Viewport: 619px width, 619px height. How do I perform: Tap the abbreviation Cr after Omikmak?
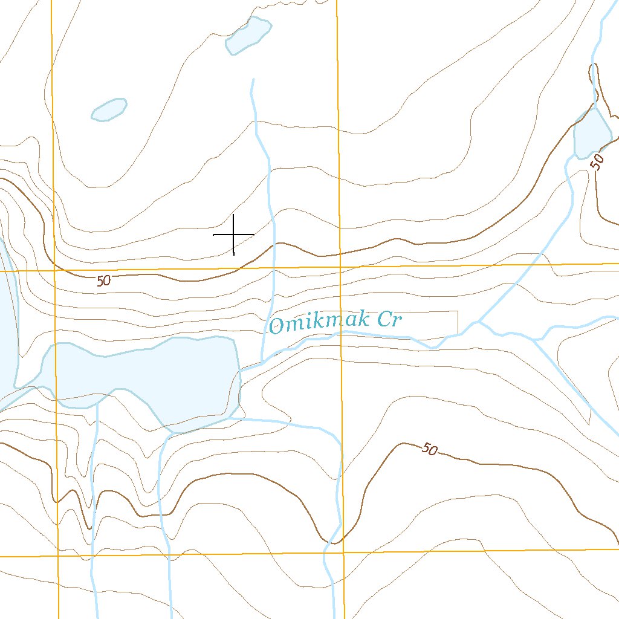(x=388, y=319)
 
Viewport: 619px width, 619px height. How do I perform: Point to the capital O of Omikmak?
(x=277, y=326)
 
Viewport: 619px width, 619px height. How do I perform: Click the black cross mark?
(x=233, y=234)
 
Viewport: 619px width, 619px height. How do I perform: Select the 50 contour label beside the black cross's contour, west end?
(x=103, y=280)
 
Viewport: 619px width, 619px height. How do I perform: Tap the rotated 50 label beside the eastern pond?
(x=598, y=161)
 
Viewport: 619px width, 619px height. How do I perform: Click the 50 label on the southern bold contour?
(x=429, y=449)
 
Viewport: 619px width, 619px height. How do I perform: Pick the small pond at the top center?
(x=248, y=36)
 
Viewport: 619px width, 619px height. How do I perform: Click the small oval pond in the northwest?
(x=109, y=109)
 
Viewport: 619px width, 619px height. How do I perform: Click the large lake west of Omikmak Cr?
(x=145, y=378)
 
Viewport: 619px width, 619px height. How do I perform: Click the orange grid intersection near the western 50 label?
(x=54, y=271)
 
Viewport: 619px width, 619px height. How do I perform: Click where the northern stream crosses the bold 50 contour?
(x=275, y=244)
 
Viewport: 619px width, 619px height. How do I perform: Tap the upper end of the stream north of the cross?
(x=252, y=79)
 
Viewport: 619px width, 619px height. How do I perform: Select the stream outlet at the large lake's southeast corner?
(x=233, y=417)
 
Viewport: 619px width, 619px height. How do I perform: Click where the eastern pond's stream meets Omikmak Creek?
(x=478, y=322)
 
